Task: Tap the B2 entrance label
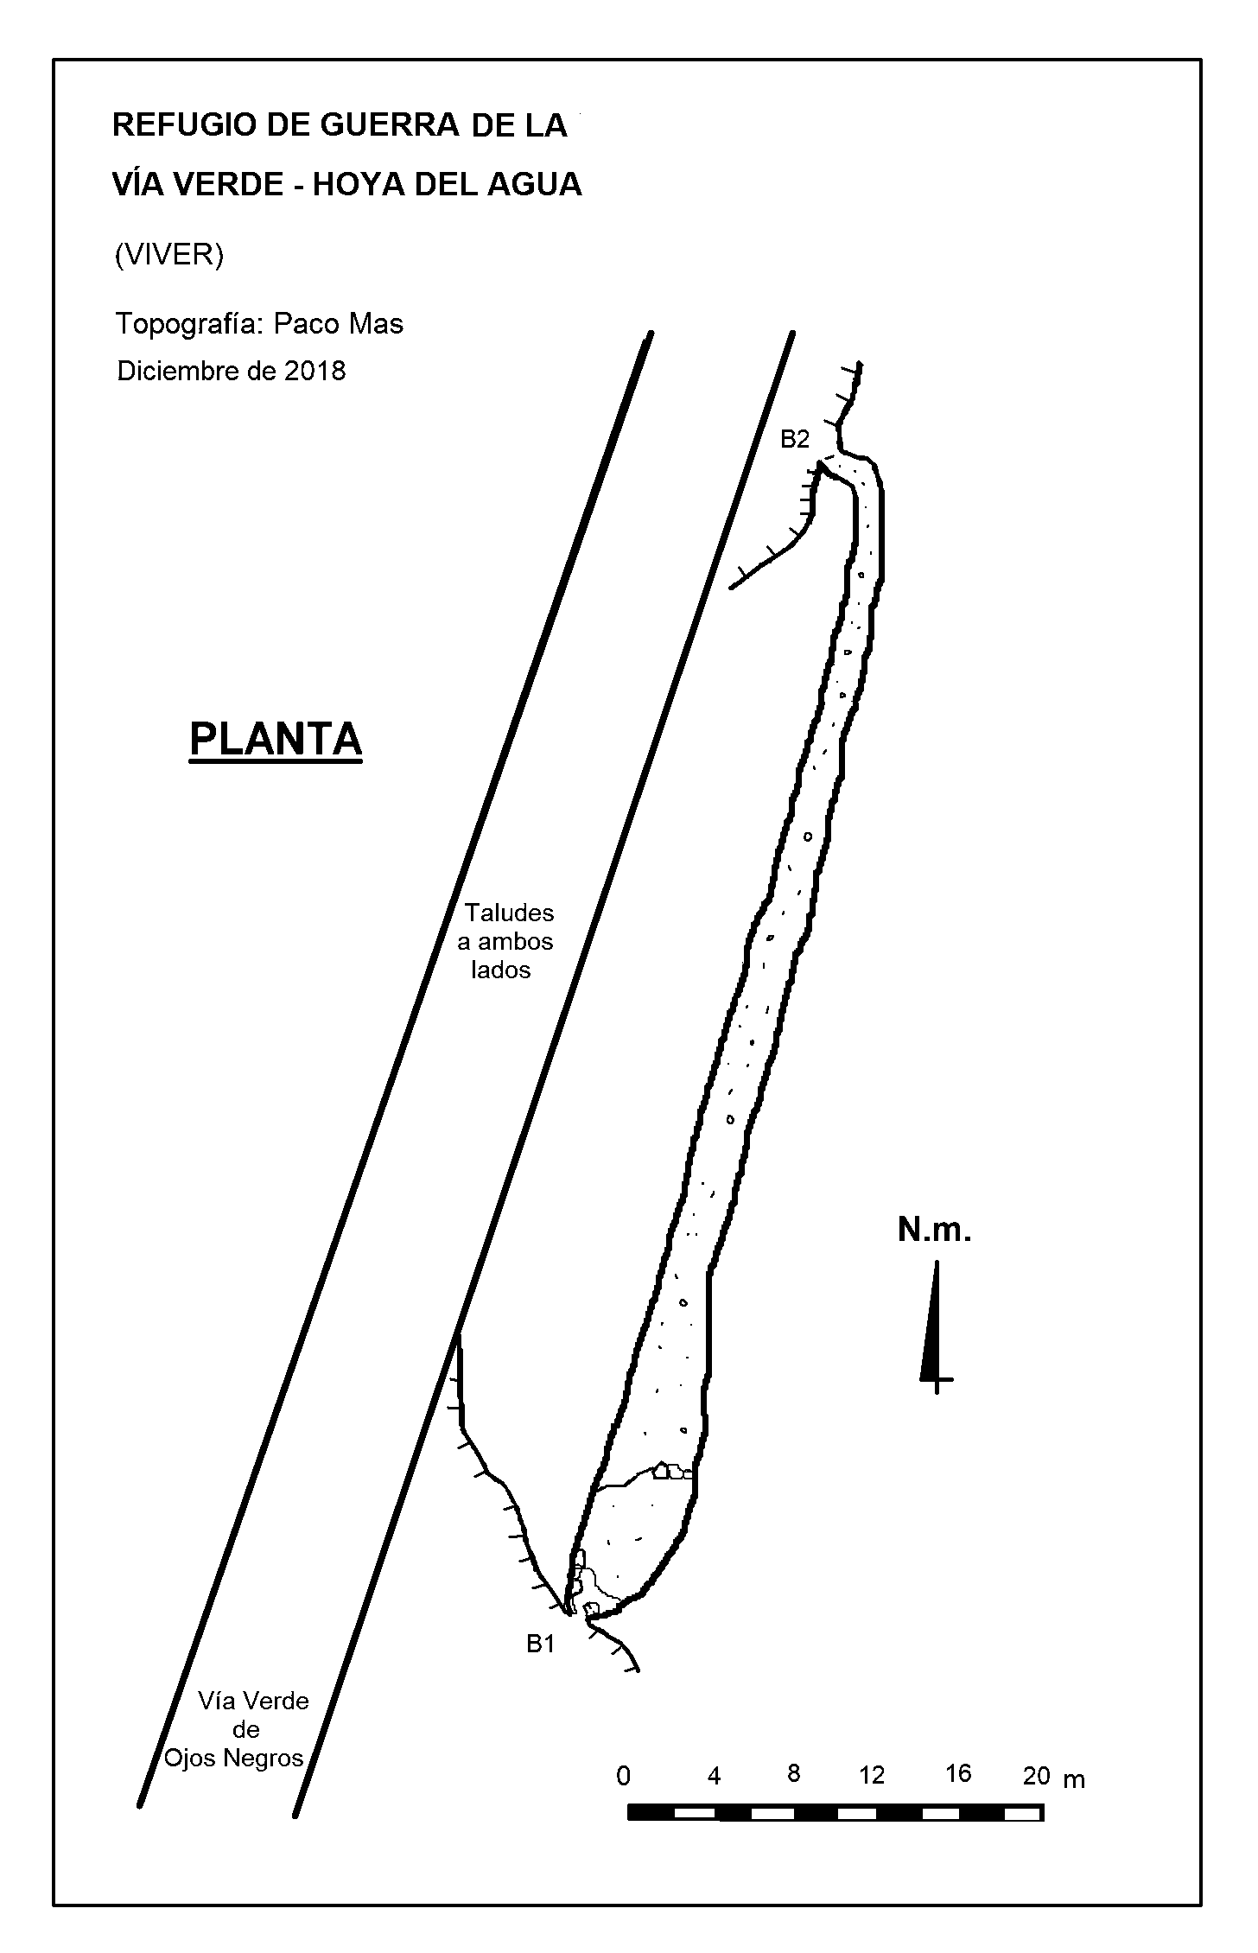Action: (795, 440)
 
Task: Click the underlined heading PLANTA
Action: (276, 740)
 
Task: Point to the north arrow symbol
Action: (934, 1327)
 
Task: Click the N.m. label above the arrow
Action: (935, 1231)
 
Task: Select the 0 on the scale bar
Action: (623, 1777)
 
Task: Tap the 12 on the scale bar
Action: (872, 1775)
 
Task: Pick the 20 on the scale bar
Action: (1036, 1776)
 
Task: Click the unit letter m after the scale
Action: (1074, 1780)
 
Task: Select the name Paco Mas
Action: (339, 324)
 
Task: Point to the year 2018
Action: (314, 371)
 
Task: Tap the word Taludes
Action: (510, 913)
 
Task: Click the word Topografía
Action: (188, 325)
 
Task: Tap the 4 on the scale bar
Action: (714, 1777)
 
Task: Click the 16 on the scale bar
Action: (958, 1774)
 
